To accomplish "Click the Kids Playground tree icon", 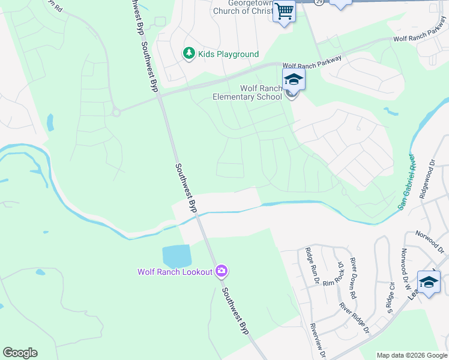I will pos(190,54).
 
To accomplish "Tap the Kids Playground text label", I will pos(229,55).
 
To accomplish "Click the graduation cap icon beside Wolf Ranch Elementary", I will pos(294,79).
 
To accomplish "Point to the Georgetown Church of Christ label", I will pos(247,7).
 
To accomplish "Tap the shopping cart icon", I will pos(284,10).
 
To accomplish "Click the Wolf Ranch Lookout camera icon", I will pos(221,272).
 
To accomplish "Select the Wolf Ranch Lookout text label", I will pos(175,272).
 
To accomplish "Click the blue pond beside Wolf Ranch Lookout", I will pos(176,257).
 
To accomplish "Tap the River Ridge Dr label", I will pos(354,317).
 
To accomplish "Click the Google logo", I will pos(20,353).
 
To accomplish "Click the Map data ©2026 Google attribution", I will pos(412,355).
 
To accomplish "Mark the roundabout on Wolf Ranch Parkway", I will pos(116,111).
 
